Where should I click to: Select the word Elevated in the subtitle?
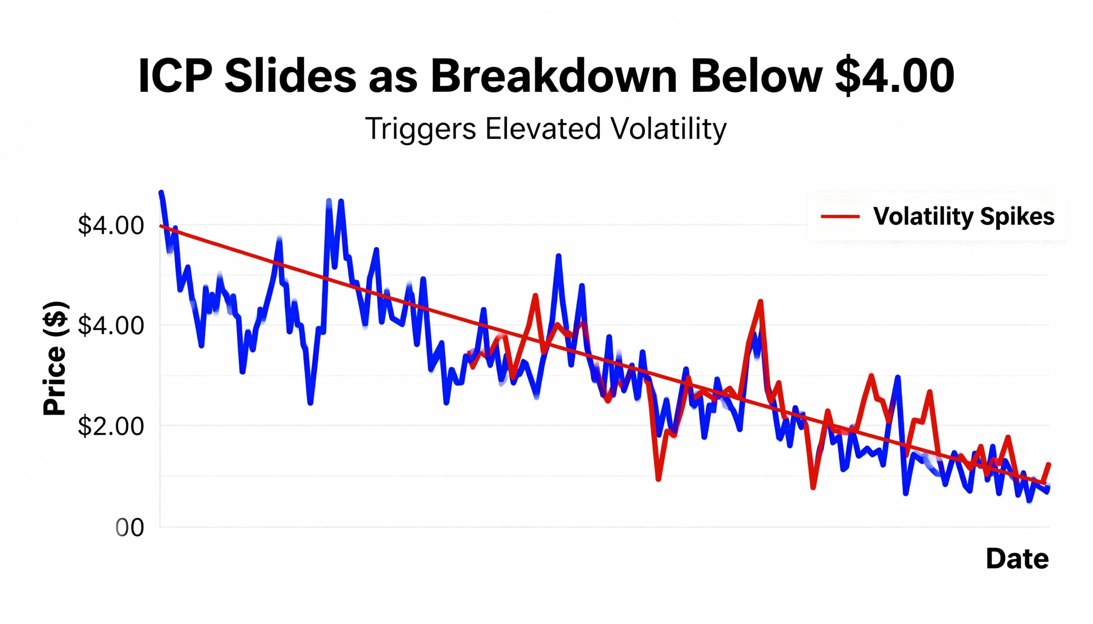point(543,128)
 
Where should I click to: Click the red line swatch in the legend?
point(840,216)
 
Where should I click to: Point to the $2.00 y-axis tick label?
point(111,426)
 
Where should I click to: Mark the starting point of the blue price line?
point(161,192)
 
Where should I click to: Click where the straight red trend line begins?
point(161,226)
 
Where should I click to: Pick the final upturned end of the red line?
point(1049,465)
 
